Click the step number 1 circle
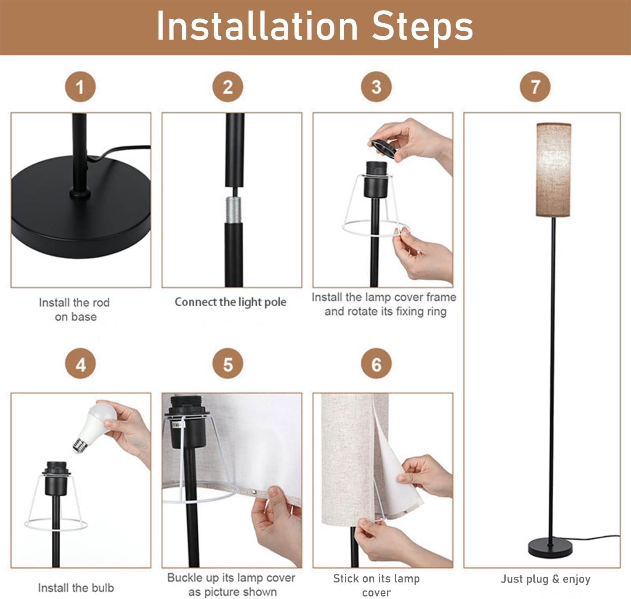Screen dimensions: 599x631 (80, 87)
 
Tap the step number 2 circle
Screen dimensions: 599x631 (228, 87)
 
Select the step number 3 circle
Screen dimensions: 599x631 (376, 87)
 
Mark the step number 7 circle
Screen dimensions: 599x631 (535, 87)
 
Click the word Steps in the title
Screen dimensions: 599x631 (422, 26)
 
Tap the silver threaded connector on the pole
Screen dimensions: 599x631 (234, 209)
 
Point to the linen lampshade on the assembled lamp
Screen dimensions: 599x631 (553, 170)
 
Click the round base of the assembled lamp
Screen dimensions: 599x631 (550, 548)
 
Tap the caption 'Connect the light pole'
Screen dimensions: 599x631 (231, 302)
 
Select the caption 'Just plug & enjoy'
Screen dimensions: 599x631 (546, 579)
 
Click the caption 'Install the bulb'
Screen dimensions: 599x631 (76, 588)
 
